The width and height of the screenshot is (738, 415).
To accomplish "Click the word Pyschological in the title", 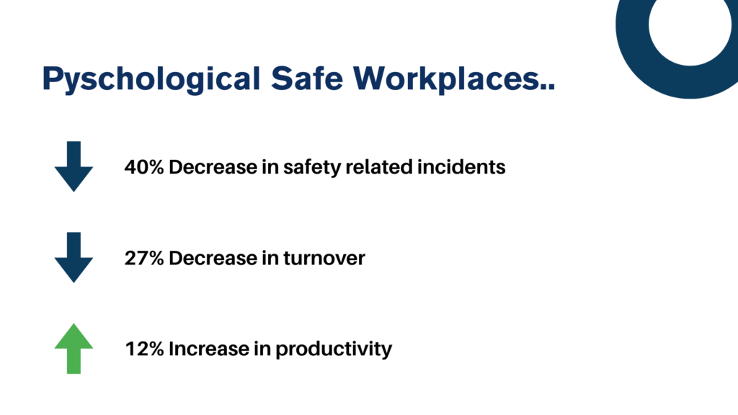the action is [x=151, y=79].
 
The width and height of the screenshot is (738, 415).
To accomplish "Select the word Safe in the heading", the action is [x=307, y=78].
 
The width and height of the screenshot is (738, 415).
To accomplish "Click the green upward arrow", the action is [x=74, y=349].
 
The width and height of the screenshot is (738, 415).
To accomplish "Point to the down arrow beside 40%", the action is [x=74, y=166].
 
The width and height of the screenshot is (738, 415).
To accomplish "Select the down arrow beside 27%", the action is [x=74, y=257].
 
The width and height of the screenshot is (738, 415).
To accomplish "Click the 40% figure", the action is [x=144, y=167].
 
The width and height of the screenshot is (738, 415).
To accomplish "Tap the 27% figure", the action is [x=144, y=258].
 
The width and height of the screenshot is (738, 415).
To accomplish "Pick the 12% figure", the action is [x=144, y=349].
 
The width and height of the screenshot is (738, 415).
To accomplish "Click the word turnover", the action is [x=324, y=259].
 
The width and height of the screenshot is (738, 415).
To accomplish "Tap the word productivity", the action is [x=334, y=349].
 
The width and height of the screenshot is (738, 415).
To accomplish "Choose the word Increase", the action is [x=208, y=349].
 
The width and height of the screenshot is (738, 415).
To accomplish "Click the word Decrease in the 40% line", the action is [x=213, y=167].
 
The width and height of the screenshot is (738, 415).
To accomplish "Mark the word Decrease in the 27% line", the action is [x=213, y=258].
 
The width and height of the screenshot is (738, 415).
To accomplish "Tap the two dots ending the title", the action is [x=548, y=86].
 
